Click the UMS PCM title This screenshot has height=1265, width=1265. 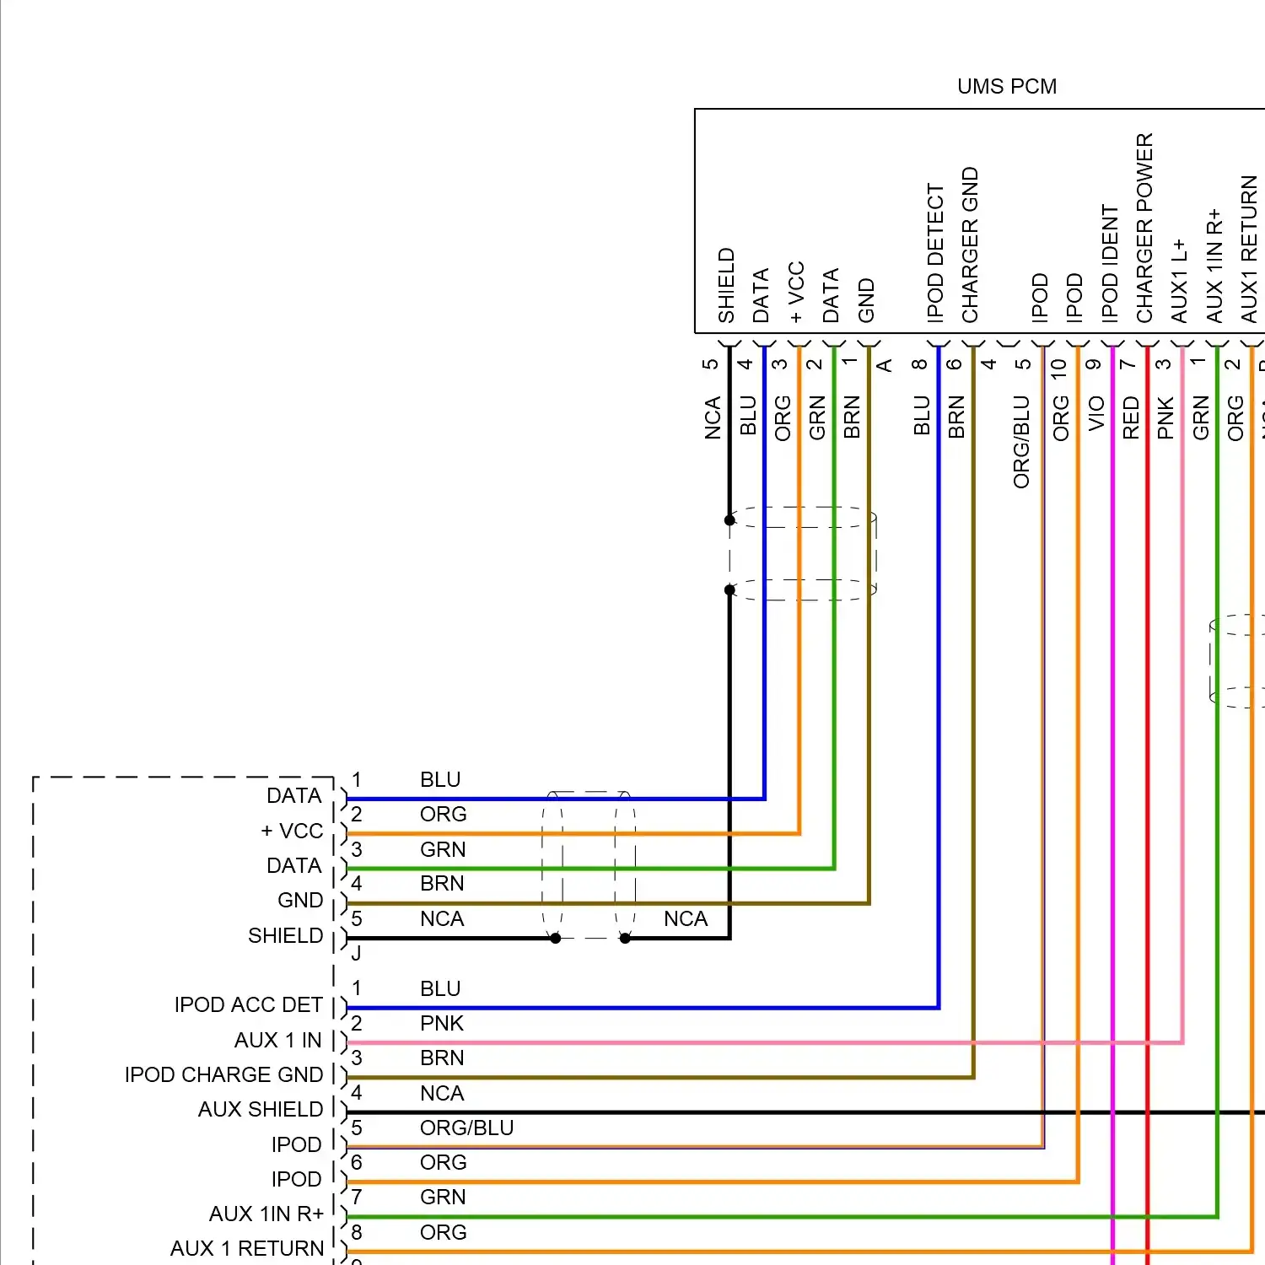(1007, 87)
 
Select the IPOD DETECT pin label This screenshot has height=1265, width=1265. (935, 253)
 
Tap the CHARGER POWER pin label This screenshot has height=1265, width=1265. (1144, 228)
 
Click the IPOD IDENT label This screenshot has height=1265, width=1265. (1110, 263)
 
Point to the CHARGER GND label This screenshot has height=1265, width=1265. (971, 245)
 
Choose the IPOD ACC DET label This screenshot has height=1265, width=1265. (249, 1005)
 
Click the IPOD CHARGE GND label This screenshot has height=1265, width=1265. (224, 1075)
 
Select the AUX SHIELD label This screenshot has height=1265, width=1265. (261, 1110)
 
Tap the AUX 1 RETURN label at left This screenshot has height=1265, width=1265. (247, 1249)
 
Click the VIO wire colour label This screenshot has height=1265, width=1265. (1095, 413)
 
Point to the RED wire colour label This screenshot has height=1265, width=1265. (1131, 417)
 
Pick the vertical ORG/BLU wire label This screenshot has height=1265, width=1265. (1021, 442)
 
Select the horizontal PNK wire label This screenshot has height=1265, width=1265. (442, 1024)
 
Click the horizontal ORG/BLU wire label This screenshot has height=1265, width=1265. (466, 1128)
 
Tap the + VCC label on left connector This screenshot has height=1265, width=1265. (292, 832)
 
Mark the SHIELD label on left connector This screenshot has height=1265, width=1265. (286, 936)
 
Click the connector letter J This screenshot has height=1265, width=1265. (356, 954)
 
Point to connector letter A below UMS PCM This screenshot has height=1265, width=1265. (884, 365)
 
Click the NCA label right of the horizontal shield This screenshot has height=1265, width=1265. (686, 919)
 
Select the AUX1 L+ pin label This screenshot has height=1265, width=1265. (1179, 281)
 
